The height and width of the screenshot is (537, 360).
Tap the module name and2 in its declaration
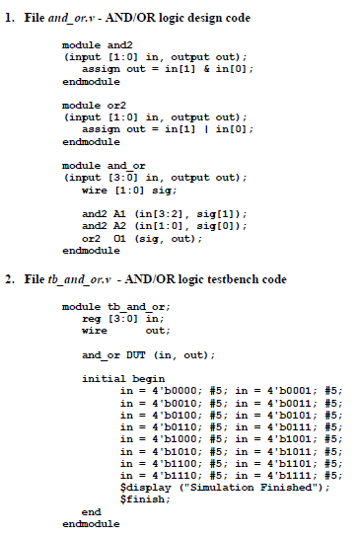pyautogui.click(x=116, y=45)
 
